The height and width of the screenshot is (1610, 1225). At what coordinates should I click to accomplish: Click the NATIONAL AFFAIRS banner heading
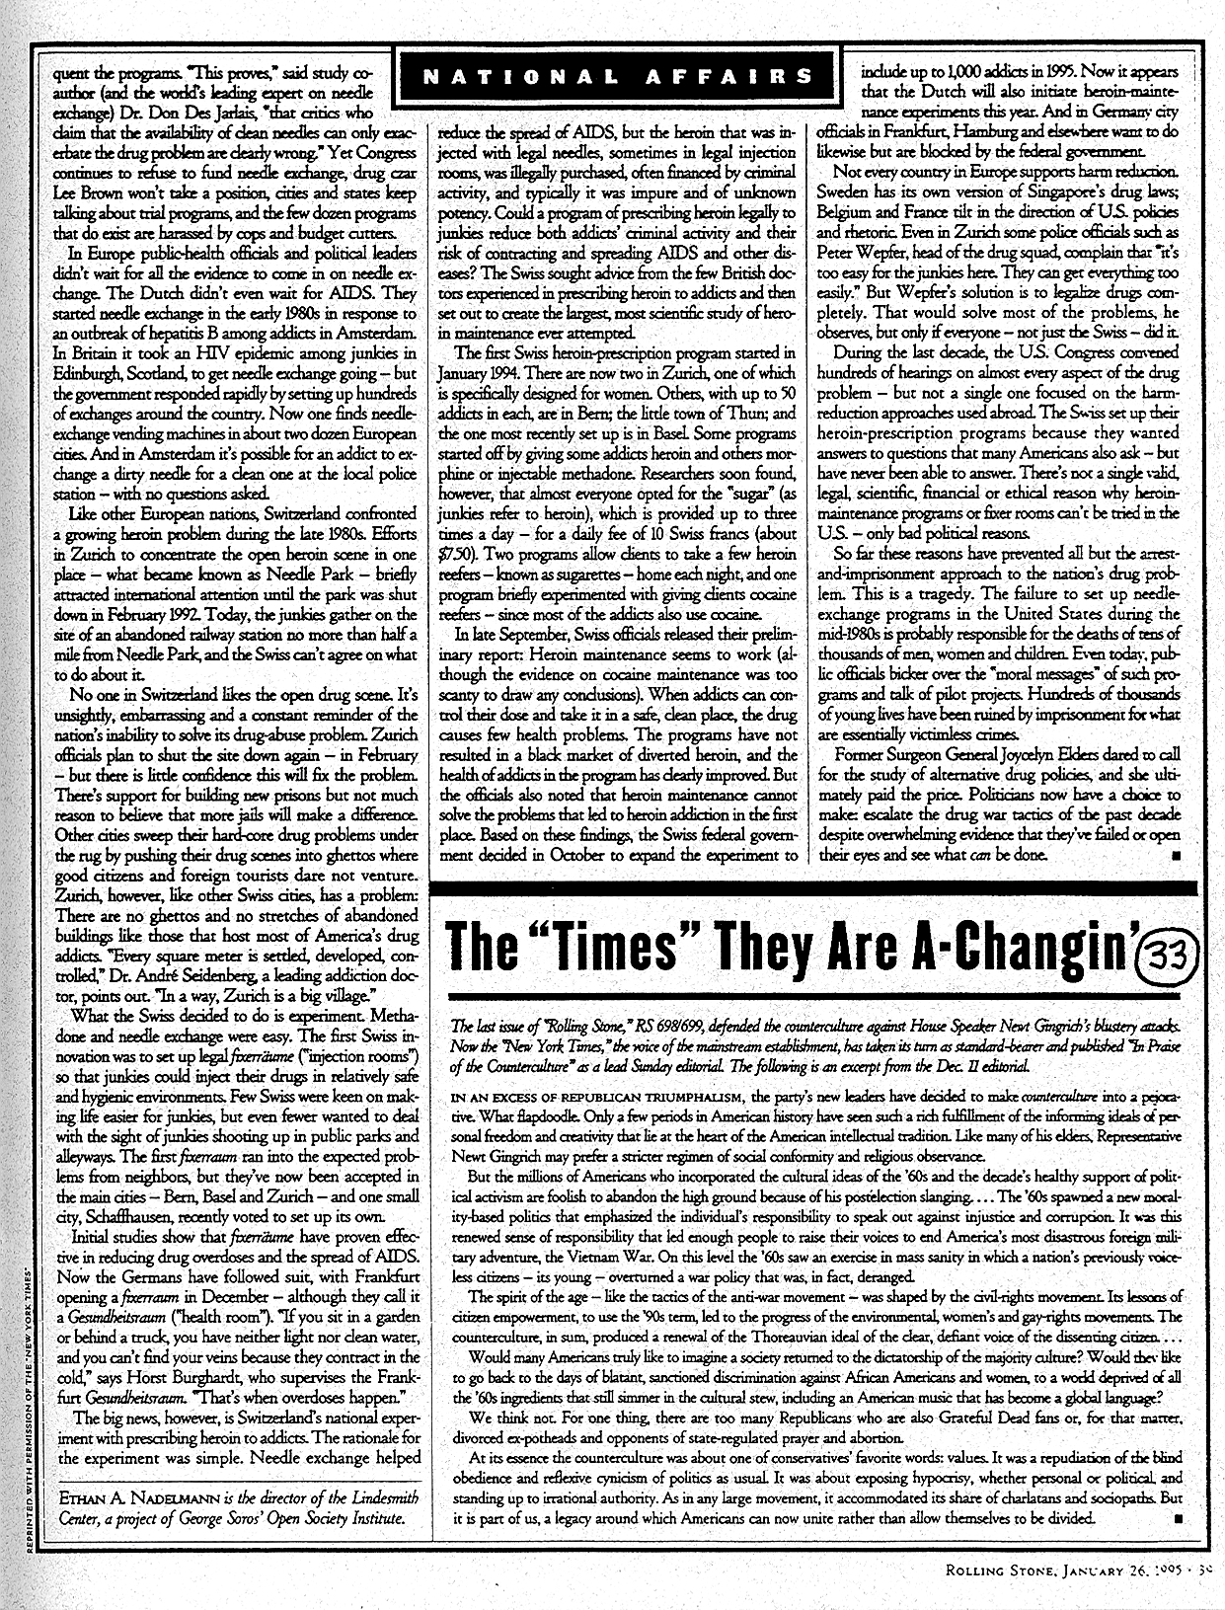617,76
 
